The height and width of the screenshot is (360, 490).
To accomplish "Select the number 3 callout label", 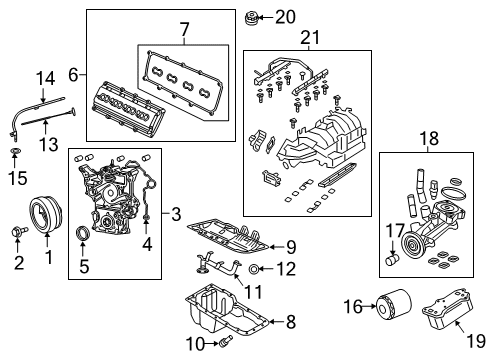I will [x=175, y=213].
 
